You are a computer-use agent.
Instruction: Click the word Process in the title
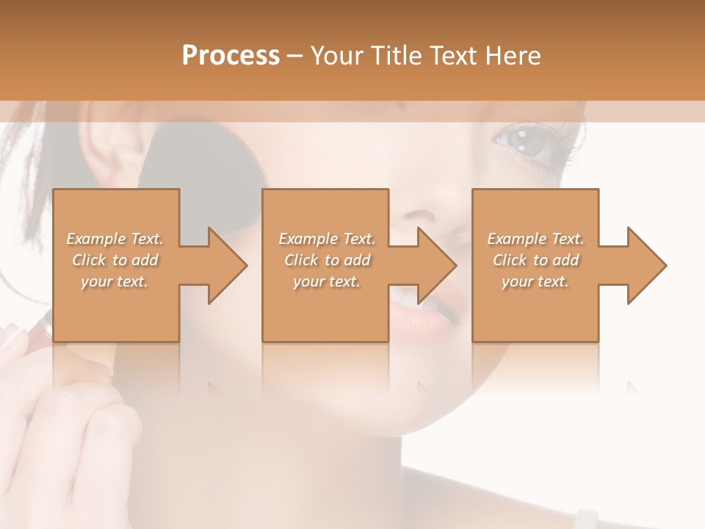pos(231,55)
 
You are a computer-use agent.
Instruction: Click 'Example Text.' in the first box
pos(115,239)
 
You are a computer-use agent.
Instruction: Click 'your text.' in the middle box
pos(326,281)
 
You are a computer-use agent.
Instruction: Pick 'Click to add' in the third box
pos(536,260)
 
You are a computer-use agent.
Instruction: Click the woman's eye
pos(525,141)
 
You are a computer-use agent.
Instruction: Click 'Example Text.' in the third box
pos(535,239)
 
